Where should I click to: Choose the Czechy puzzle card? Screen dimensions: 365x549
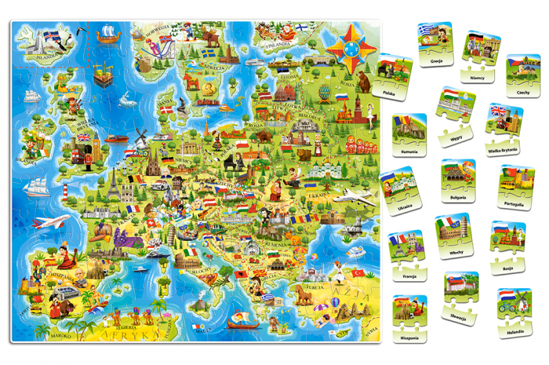point(523,75)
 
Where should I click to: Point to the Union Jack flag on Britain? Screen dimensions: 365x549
point(82,138)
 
